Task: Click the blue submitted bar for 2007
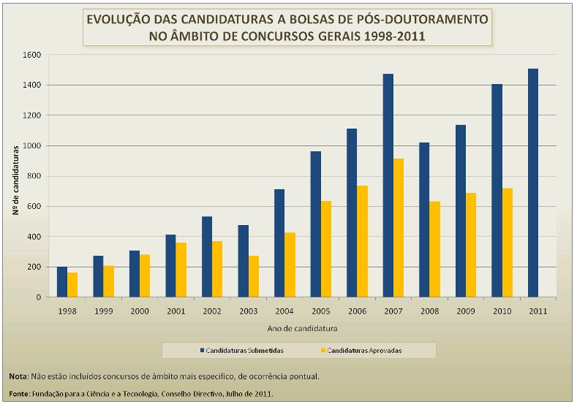tap(388, 186)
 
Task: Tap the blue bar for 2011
tap(533, 183)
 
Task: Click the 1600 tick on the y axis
tap(30, 55)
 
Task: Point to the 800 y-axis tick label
tap(32, 176)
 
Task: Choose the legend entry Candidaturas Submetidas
tap(245, 351)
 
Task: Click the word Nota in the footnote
tap(18, 376)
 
